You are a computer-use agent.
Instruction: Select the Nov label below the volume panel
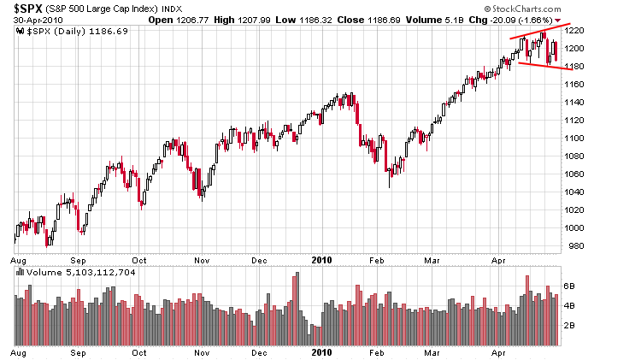click(x=202, y=351)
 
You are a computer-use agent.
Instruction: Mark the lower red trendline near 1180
click(x=538, y=65)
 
